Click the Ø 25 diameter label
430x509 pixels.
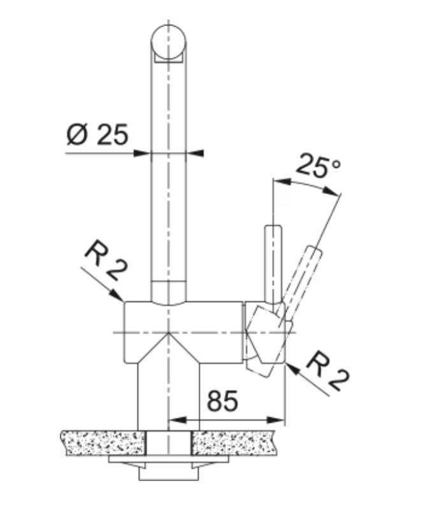tap(97, 135)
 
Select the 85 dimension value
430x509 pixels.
tap(222, 401)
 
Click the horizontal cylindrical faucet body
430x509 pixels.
tap(185, 331)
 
